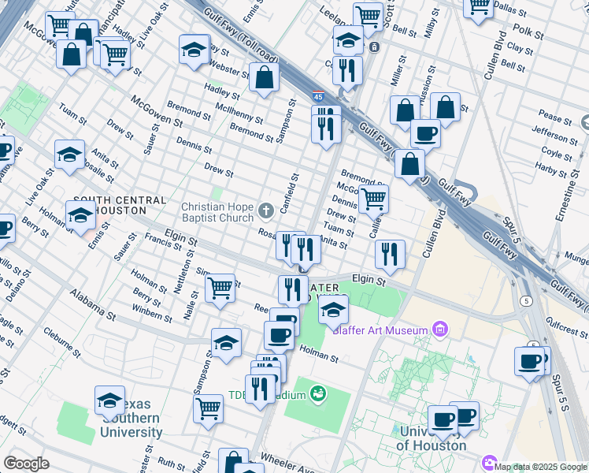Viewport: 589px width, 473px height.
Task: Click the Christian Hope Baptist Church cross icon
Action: point(266,210)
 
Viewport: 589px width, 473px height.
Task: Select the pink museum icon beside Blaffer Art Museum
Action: point(440,329)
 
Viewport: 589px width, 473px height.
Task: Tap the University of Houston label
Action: point(432,438)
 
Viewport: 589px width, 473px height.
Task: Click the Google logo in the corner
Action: point(26,464)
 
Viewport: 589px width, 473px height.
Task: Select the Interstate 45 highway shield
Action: point(317,96)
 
